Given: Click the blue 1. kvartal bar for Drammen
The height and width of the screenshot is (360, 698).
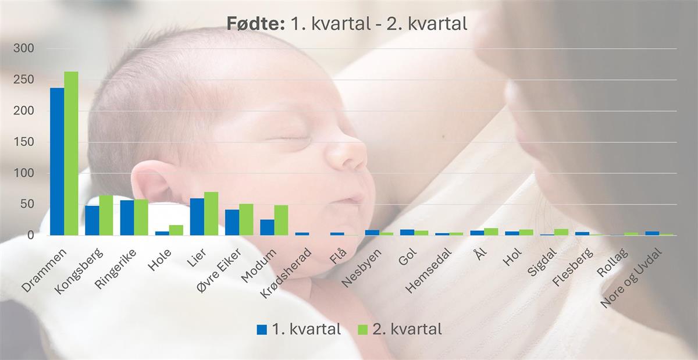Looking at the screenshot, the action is tap(57, 162).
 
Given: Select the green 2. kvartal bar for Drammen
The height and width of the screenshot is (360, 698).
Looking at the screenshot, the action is tap(71, 154).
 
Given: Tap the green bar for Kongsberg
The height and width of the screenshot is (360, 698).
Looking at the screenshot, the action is tap(106, 215).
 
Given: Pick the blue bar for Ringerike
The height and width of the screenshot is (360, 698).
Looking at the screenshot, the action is tap(127, 218).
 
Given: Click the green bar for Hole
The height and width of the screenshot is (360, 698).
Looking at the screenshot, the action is tap(176, 230).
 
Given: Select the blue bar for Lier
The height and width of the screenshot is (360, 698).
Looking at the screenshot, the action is tap(197, 217).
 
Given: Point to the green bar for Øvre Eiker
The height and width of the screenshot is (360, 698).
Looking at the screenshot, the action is tap(246, 220).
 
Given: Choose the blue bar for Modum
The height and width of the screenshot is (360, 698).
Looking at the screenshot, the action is tap(267, 227).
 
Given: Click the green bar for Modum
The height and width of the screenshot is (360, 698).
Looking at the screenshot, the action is tap(281, 220).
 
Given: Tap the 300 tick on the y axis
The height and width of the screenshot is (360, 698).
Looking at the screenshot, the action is tap(24, 49).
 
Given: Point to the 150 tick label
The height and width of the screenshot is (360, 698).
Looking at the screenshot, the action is tap(24, 142).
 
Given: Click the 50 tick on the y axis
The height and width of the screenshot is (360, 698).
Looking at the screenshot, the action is tap(27, 205).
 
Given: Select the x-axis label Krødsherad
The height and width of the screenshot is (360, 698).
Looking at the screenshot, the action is tap(286, 273).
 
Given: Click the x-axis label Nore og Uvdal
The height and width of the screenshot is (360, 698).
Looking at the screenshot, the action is tap(632, 278).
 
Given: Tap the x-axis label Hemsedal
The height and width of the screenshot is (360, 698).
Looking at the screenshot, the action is tap(429, 271).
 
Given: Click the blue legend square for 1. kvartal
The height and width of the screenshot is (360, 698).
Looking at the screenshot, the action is tap(262, 330).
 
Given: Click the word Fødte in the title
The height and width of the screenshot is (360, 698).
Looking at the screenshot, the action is tap(255, 24).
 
